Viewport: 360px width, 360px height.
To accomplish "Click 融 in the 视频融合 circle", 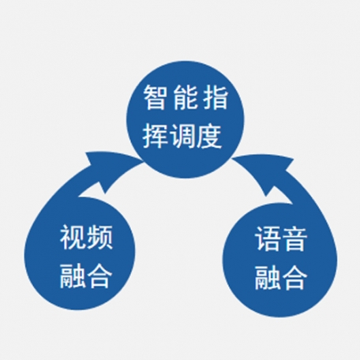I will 73,276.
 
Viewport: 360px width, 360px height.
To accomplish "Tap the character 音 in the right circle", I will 294,239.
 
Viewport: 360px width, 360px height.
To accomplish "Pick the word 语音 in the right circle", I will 280,239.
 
